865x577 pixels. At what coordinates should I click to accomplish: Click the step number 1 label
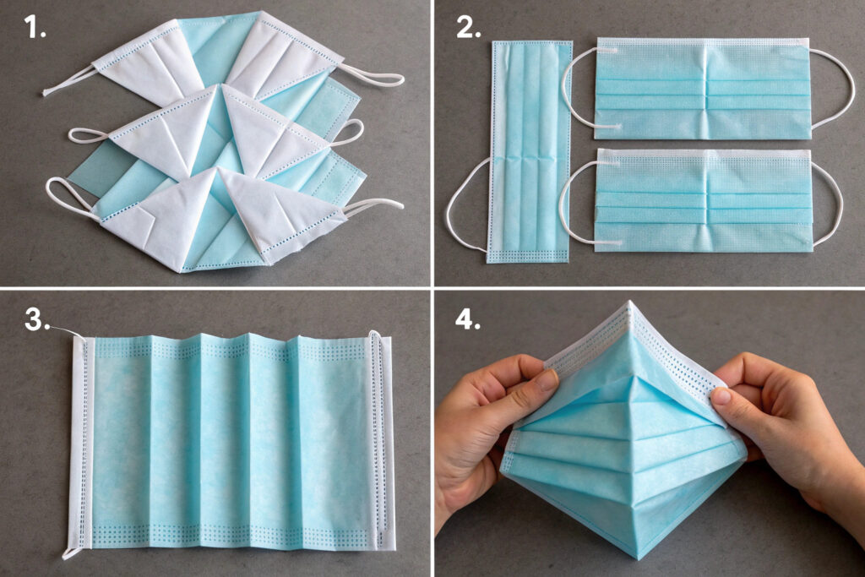click(x=35, y=27)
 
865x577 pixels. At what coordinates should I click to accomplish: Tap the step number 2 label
click(x=468, y=27)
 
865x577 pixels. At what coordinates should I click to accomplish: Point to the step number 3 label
click(x=37, y=320)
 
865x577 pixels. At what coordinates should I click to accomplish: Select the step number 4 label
click(x=468, y=319)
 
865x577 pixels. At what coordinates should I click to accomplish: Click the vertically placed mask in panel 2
click(x=530, y=152)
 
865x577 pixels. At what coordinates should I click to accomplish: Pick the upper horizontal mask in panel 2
click(x=703, y=88)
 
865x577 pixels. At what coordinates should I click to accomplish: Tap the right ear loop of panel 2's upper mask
click(x=834, y=88)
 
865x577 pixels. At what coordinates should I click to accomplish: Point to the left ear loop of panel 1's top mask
click(x=69, y=80)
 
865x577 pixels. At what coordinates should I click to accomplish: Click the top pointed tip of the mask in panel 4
click(x=628, y=302)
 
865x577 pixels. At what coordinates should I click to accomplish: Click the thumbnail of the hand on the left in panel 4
click(x=547, y=380)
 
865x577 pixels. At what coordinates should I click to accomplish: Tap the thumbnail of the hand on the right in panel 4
click(x=721, y=396)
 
